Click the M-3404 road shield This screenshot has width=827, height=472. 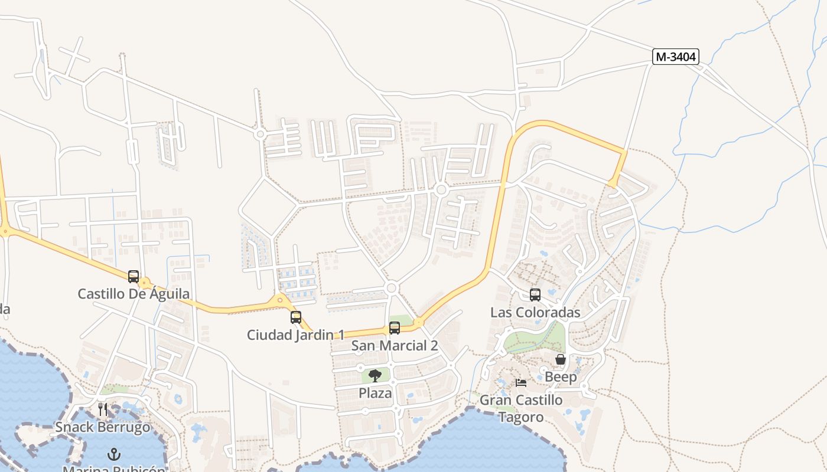(x=676, y=57)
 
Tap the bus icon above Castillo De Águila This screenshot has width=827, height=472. (x=134, y=276)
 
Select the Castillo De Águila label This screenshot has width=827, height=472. (x=134, y=294)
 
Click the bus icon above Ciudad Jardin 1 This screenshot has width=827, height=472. (x=296, y=317)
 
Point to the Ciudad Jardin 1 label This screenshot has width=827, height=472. (x=295, y=335)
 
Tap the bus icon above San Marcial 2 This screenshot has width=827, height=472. (x=395, y=328)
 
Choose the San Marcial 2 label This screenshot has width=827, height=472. (x=395, y=346)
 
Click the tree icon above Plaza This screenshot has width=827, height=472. (x=375, y=375)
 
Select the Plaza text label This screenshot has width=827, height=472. (x=375, y=393)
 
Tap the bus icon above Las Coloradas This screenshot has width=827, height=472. (x=535, y=295)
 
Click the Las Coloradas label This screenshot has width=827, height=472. (x=535, y=313)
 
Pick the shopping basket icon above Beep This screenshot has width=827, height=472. (x=561, y=359)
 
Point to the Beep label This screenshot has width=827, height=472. (x=561, y=376)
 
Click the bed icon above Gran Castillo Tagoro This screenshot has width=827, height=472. (x=521, y=382)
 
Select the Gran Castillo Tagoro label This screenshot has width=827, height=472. (x=521, y=408)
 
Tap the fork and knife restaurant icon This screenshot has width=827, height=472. (x=103, y=409)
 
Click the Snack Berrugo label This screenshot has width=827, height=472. (x=103, y=427)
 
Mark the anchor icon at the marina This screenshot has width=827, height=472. (x=114, y=454)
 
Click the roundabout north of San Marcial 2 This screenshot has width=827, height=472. (x=391, y=288)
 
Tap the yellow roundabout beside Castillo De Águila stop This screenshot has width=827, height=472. (x=145, y=284)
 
